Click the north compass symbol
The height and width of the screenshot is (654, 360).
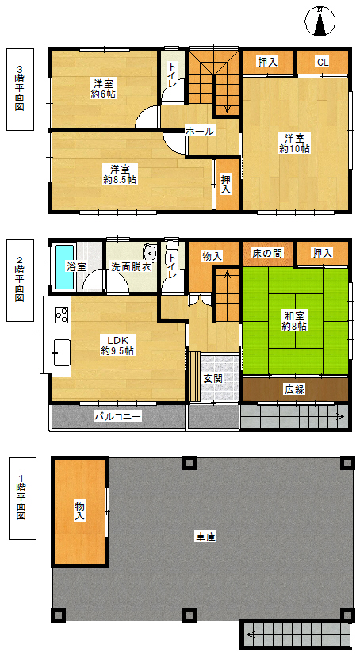tap(320, 21)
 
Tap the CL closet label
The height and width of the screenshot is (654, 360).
tap(323, 63)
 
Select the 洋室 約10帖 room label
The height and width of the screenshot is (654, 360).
tap(294, 143)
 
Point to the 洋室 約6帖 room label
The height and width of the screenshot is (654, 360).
tap(103, 89)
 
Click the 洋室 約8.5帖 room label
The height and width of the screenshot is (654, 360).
tap(119, 174)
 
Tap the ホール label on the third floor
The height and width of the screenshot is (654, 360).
tap(200, 132)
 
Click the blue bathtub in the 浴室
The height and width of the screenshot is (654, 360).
tap(64, 266)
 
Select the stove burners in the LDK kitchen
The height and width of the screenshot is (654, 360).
tap(61, 315)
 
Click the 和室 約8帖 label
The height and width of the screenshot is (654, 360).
tap(294, 322)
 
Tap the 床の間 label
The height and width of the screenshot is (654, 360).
tap(267, 253)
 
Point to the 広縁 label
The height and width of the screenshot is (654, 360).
tap(294, 389)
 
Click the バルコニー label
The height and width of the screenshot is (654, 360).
tap(118, 416)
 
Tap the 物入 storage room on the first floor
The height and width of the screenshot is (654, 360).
tap(79, 511)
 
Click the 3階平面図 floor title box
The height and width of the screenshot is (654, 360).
tap(20, 90)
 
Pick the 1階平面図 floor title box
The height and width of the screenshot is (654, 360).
tap(22, 499)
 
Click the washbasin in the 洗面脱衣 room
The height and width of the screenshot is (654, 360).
tap(148, 253)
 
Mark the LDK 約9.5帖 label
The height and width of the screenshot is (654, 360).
tap(117, 346)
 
